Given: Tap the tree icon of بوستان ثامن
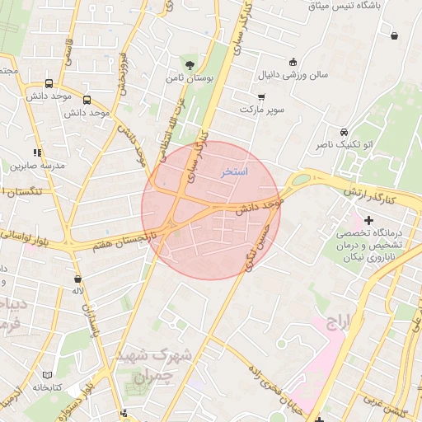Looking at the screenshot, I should [190, 63].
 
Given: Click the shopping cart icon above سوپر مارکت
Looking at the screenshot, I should [261, 96].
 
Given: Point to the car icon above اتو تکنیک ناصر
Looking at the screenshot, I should [344, 131].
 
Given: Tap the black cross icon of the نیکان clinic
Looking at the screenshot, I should [368, 220].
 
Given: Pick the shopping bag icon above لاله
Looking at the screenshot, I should [77, 278].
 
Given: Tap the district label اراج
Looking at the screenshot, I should [339, 321].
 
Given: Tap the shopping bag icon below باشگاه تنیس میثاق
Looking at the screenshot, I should [394, 35].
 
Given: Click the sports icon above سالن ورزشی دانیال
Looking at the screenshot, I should [293, 62].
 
